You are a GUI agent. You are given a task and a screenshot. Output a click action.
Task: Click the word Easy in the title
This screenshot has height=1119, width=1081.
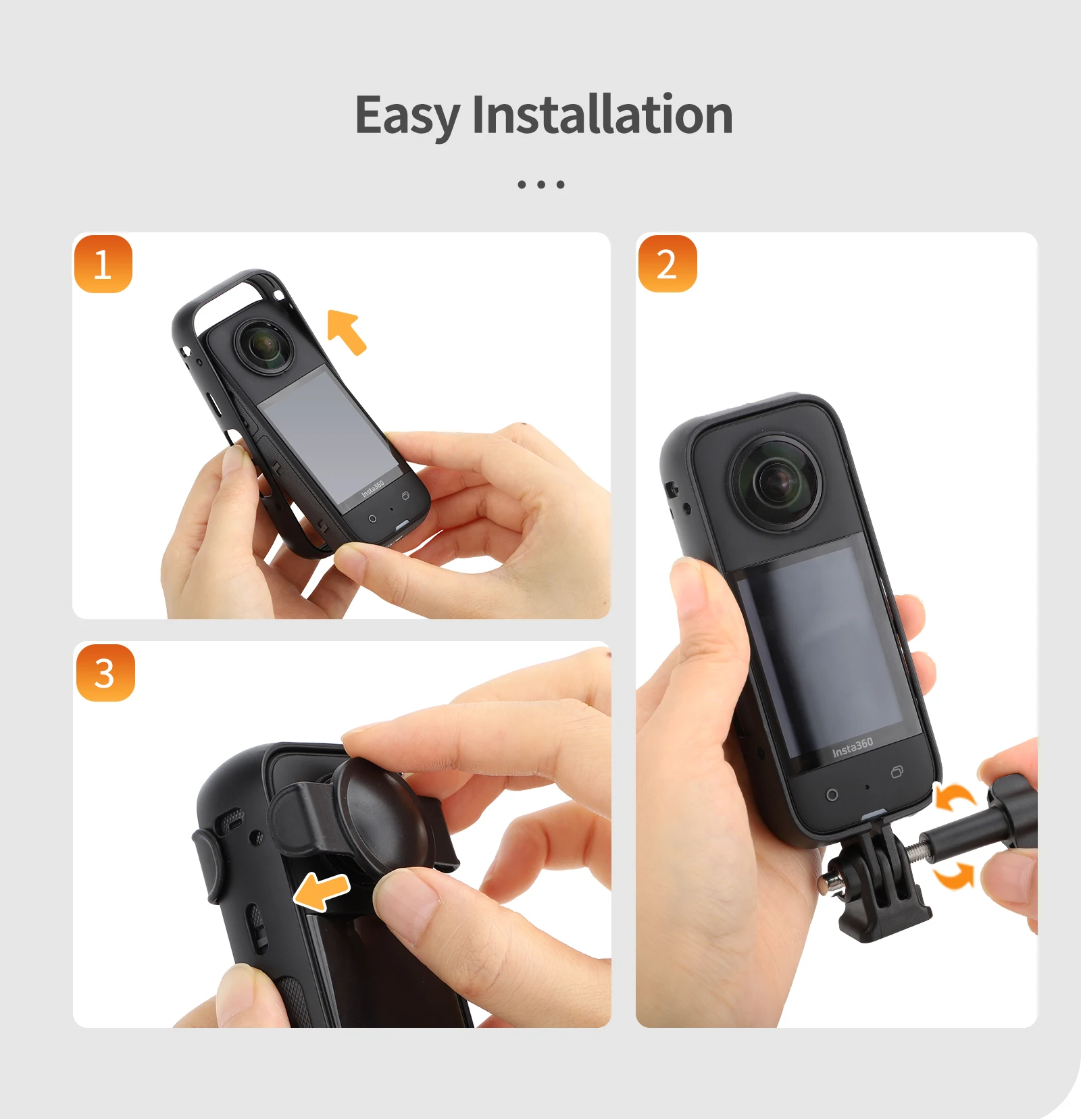(407, 116)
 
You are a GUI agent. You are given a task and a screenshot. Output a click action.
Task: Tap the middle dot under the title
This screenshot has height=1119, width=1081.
(540, 184)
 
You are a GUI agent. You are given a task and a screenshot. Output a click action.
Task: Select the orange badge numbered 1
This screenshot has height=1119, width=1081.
(103, 264)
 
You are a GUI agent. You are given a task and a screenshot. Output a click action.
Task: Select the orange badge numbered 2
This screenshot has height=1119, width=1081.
(667, 264)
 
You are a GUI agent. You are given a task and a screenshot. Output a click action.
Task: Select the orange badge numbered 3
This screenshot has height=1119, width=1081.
(105, 673)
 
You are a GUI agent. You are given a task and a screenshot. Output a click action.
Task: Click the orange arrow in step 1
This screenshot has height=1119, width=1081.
(347, 331)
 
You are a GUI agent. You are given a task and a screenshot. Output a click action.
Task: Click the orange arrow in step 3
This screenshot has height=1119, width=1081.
(322, 891)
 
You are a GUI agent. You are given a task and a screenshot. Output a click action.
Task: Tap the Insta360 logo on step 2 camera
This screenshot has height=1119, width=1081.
(852, 748)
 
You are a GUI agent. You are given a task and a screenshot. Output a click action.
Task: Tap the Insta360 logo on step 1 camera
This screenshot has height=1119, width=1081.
(372, 488)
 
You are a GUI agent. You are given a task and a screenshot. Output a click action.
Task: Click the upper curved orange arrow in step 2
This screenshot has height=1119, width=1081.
(955, 798)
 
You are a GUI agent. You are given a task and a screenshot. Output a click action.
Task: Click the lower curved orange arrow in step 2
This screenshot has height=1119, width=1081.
(955, 876)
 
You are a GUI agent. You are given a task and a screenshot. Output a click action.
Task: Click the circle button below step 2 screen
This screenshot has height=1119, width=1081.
(832, 795)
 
